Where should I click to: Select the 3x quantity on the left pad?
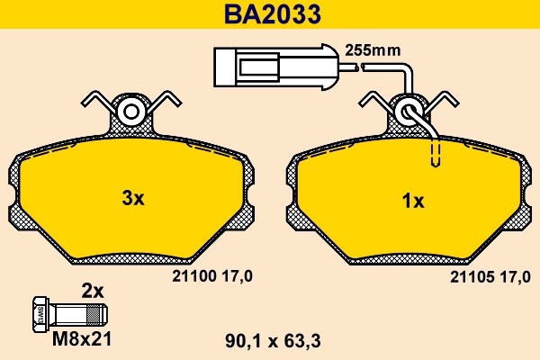click(x=132, y=199)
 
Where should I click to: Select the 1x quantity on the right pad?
click(x=412, y=201)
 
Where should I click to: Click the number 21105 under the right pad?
click(x=468, y=279)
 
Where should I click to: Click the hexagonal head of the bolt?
click(x=40, y=314)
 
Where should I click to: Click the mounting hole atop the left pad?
click(x=132, y=112)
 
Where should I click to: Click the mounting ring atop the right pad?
click(x=409, y=112)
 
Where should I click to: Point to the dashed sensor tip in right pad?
click(x=436, y=155)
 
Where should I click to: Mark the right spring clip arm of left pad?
click(x=168, y=100)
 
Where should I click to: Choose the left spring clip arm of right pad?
click(x=373, y=100)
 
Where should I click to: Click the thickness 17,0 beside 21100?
click(x=236, y=279)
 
